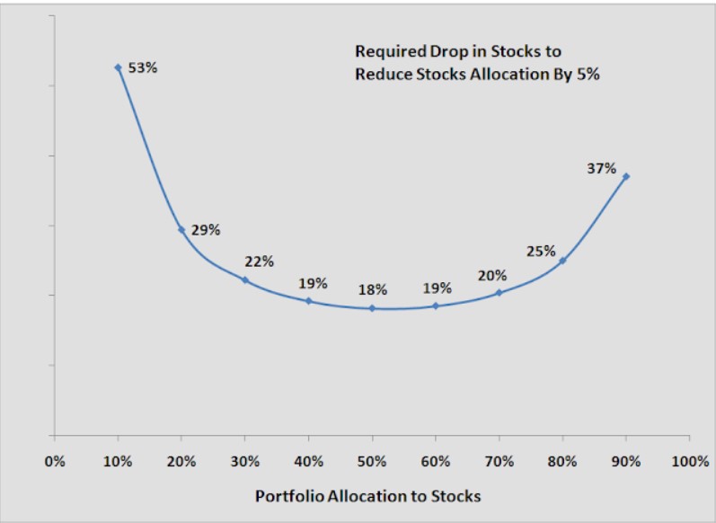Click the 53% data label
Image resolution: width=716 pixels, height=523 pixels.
click(x=143, y=67)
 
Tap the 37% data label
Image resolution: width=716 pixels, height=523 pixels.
click(x=602, y=168)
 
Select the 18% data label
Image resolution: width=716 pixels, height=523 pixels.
click(x=373, y=289)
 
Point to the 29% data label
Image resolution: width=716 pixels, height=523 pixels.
click(x=206, y=230)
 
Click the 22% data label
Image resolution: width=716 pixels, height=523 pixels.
click(x=259, y=261)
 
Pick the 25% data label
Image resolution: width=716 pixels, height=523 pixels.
click(x=541, y=251)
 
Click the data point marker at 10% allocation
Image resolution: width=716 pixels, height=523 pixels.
click(x=118, y=67)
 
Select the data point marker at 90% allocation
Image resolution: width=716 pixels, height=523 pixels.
click(x=626, y=176)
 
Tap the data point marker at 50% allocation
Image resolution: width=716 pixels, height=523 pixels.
click(x=372, y=308)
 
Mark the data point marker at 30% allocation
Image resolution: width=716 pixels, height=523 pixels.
click(x=245, y=279)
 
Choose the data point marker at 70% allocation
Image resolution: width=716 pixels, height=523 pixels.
click(x=499, y=293)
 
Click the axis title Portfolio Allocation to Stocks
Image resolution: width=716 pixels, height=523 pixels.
click(x=367, y=496)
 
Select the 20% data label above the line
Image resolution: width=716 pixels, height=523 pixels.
click(x=492, y=276)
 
